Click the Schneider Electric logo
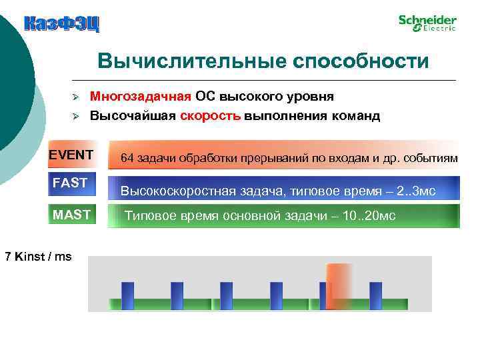[x=427, y=23]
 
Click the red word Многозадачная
[x=141, y=97]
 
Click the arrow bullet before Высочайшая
[x=76, y=116]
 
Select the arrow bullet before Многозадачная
[x=76, y=97]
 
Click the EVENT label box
[x=71, y=155]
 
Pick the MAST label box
[x=71, y=214]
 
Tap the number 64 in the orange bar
[x=127, y=158]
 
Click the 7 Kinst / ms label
[x=38, y=256]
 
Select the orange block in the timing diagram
[x=339, y=285]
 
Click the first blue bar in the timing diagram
[x=127, y=295]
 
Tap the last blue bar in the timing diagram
[x=375, y=295]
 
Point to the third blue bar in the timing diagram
[x=227, y=295]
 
